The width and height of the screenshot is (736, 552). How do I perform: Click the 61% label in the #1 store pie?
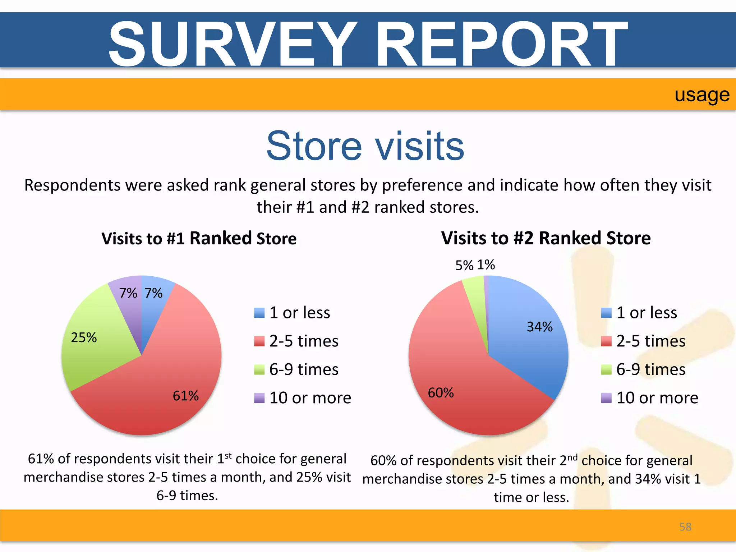tap(185, 396)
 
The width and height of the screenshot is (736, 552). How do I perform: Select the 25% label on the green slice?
tap(84, 338)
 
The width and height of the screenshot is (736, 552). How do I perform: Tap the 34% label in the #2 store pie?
tap(539, 327)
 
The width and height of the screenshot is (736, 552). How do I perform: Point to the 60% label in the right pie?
tap(441, 393)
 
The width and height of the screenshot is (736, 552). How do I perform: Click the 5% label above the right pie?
tap(464, 266)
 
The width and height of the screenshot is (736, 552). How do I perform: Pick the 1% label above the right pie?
tap(486, 265)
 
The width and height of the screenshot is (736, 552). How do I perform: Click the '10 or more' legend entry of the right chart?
tap(650, 398)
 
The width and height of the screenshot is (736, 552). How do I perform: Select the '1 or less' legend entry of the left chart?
tap(292, 313)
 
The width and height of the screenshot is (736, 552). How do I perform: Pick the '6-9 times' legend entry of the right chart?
tap(644, 369)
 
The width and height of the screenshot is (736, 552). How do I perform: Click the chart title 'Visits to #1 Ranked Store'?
tap(199, 239)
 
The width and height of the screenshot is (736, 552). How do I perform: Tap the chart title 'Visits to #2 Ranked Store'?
tap(546, 238)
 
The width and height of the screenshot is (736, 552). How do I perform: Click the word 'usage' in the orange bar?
tap(702, 95)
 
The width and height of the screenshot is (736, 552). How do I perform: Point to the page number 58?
tap(685, 527)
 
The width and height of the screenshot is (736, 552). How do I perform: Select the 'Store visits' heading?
tap(365, 146)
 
